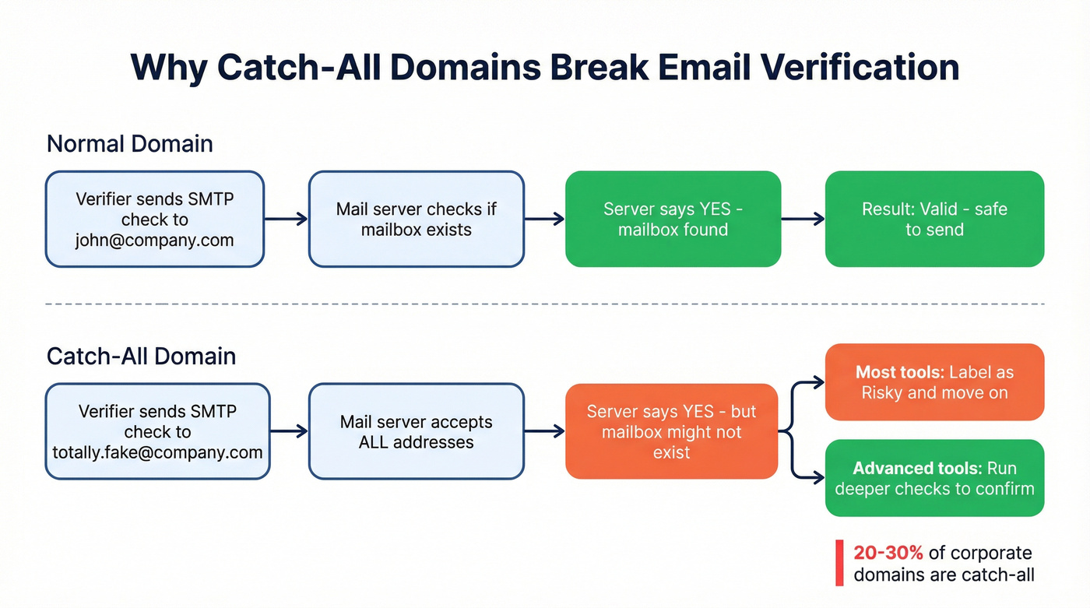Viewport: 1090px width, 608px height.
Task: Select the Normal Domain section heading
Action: tap(129, 144)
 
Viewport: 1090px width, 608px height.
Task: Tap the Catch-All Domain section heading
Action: tap(141, 356)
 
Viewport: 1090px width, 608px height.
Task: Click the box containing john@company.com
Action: tap(154, 220)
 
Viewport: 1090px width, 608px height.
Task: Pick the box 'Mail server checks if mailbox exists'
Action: tap(416, 220)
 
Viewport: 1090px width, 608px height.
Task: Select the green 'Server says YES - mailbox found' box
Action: tap(673, 220)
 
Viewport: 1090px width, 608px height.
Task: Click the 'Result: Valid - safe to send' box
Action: tap(934, 220)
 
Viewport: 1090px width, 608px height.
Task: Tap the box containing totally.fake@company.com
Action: tap(157, 431)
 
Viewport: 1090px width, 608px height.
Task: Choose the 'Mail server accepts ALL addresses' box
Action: tap(416, 431)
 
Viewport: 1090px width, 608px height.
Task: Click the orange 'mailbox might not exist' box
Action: tap(671, 431)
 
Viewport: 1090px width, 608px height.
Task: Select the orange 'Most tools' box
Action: tap(934, 382)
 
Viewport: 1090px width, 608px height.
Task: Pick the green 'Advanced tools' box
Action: tap(934, 478)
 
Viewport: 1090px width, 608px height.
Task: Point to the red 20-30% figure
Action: tap(888, 553)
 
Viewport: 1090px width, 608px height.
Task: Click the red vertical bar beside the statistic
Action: tap(839, 563)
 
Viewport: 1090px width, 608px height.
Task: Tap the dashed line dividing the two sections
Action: tap(545, 304)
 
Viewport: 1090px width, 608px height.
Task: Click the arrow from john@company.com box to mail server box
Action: tap(286, 220)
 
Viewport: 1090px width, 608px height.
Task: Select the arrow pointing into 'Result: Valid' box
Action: tap(803, 220)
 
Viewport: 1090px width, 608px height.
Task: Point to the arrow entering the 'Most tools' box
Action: tap(810, 382)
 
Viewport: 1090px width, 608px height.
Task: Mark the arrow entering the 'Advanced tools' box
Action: tap(810, 478)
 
